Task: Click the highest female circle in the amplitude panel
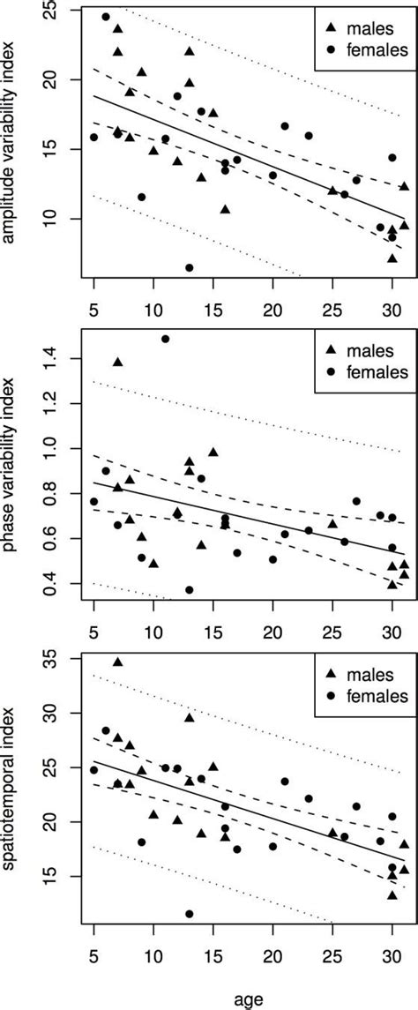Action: coord(106,17)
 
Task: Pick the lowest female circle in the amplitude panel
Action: coord(190,267)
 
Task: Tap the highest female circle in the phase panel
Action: coord(166,339)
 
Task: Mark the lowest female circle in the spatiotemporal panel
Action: coord(190,914)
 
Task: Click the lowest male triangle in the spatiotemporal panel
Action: coord(392,895)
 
